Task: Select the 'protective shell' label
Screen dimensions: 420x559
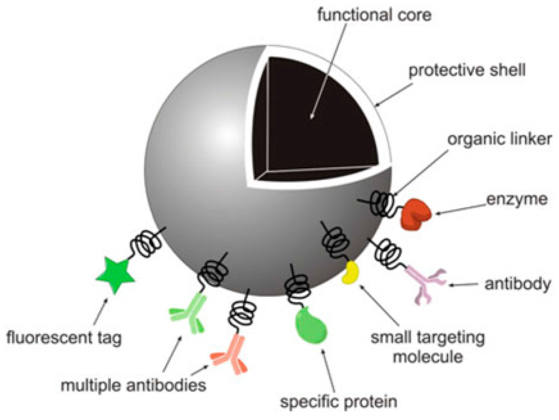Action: pos(467,71)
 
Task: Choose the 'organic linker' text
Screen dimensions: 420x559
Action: pos(499,139)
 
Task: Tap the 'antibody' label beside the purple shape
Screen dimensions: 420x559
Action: pos(517,284)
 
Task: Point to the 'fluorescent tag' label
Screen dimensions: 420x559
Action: pos(64,338)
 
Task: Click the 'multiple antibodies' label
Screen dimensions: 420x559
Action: pos(133,385)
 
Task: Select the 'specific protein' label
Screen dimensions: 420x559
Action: pos(338,402)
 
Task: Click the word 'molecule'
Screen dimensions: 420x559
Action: pos(428,357)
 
